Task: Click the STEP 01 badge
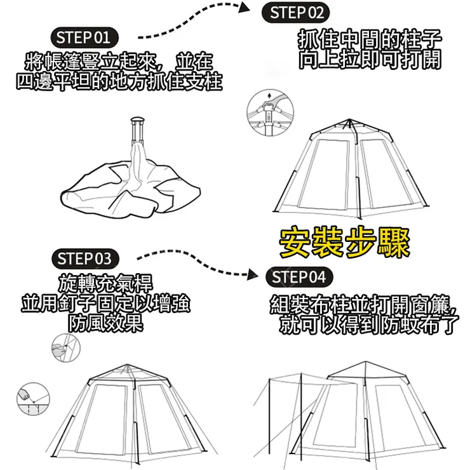[x=83, y=36]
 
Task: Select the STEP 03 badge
[x=84, y=258]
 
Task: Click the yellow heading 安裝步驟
[x=345, y=243]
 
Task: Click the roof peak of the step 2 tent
[x=347, y=120]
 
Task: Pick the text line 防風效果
[x=105, y=323]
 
